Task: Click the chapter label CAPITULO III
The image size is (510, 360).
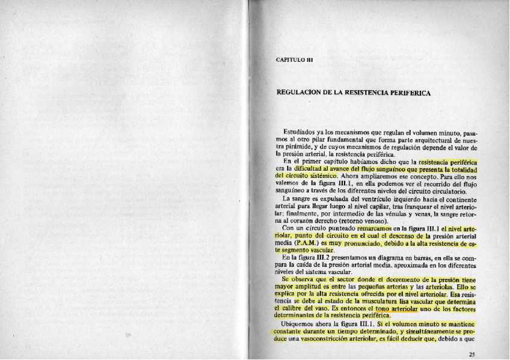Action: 294,59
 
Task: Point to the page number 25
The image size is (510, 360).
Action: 472,355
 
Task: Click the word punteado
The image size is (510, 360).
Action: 339,228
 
